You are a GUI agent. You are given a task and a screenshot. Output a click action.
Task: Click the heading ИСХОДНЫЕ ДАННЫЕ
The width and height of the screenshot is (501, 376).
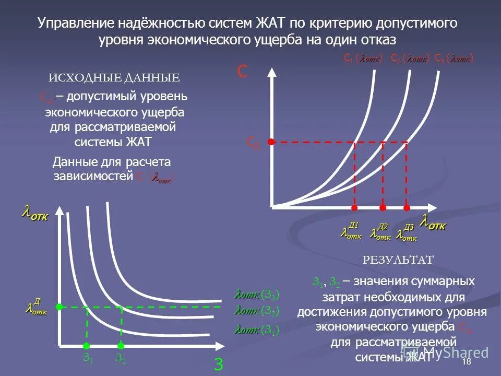(114, 78)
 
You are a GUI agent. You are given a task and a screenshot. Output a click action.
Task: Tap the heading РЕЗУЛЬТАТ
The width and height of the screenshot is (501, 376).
(398, 260)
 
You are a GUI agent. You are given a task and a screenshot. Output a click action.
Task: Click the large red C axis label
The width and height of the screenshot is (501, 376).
(242, 72)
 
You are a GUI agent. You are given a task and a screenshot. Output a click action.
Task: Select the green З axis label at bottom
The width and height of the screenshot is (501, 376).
(219, 363)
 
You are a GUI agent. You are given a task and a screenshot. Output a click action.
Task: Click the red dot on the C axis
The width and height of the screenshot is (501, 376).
(271, 142)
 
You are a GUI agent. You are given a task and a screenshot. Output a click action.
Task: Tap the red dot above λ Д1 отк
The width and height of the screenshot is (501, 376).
(355, 208)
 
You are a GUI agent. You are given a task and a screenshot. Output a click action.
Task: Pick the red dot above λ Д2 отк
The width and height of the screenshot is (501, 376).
(383, 208)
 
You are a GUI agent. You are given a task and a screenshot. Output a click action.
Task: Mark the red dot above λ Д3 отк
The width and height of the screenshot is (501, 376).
(407, 208)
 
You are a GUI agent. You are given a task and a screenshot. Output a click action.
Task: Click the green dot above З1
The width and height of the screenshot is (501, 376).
(87, 345)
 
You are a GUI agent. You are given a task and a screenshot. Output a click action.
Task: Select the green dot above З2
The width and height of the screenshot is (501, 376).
(121, 345)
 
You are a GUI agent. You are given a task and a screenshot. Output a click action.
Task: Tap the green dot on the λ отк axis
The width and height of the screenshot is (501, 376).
(59, 307)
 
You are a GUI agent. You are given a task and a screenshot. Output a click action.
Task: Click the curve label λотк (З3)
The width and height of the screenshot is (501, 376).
(257, 294)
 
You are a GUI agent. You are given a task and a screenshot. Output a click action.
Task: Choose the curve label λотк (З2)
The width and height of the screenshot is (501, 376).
(257, 311)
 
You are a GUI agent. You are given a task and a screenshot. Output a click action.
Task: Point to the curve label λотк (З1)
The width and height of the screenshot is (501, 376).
(257, 330)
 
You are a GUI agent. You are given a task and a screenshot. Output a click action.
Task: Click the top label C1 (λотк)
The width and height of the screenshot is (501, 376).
(363, 58)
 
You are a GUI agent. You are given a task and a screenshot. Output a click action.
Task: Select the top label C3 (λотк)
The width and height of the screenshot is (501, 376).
(454, 58)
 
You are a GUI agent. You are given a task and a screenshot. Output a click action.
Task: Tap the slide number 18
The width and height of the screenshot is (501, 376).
(467, 362)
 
